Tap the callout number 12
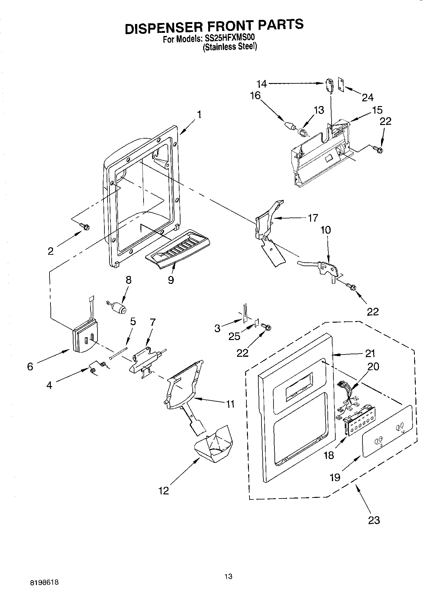pyautogui.click(x=164, y=490)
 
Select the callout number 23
pyautogui.click(x=374, y=520)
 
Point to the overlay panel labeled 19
pyautogui.click(x=387, y=431)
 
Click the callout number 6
pyautogui.click(x=30, y=367)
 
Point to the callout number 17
pyautogui.click(x=313, y=218)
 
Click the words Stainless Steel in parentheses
pyautogui.click(x=230, y=47)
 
